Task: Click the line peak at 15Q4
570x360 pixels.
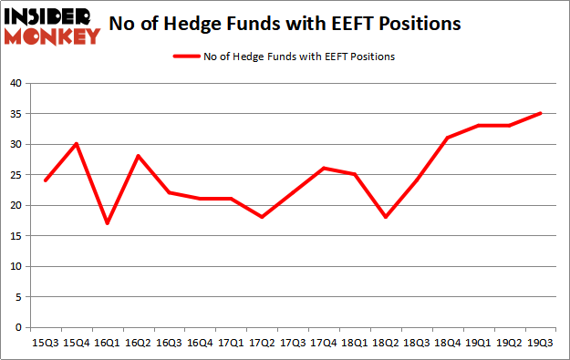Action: (x=77, y=144)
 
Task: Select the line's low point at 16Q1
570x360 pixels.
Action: (x=108, y=223)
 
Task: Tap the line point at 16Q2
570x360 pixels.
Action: (x=138, y=156)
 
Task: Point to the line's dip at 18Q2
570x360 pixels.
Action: (x=386, y=217)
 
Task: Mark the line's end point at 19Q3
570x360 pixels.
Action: (x=541, y=113)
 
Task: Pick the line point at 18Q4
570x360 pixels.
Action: (x=448, y=138)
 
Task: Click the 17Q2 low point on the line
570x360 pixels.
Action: (x=262, y=217)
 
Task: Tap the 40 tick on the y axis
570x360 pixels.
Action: (x=16, y=83)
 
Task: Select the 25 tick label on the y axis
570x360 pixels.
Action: (x=16, y=175)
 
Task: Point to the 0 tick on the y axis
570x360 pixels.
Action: (x=18, y=327)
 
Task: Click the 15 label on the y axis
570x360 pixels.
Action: (x=16, y=236)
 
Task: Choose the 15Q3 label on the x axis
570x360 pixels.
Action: (x=46, y=343)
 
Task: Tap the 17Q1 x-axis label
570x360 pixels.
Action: (x=231, y=343)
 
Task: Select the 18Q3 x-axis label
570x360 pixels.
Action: (x=417, y=343)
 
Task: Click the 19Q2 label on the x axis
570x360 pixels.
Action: (x=509, y=343)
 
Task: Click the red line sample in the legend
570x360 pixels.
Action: (x=186, y=57)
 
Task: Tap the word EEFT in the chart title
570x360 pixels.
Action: (x=352, y=24)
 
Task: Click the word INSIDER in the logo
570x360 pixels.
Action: (x=47, y=17)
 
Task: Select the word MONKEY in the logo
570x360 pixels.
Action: (x=52, y=36)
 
